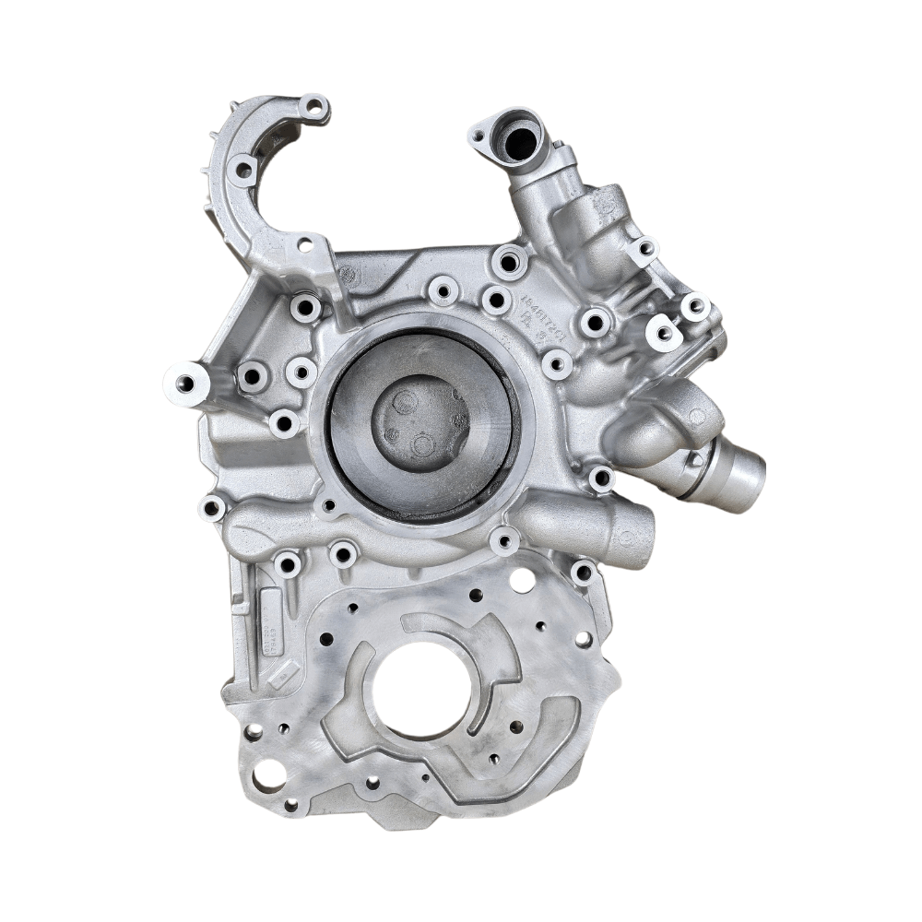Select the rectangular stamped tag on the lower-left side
pos(270,627)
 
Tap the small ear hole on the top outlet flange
pos(478,139)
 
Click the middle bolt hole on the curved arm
pos(244,170)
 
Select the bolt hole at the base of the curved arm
pos(305,245)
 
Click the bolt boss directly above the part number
pos(510,261)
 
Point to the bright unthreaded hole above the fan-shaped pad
pos(521,581)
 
